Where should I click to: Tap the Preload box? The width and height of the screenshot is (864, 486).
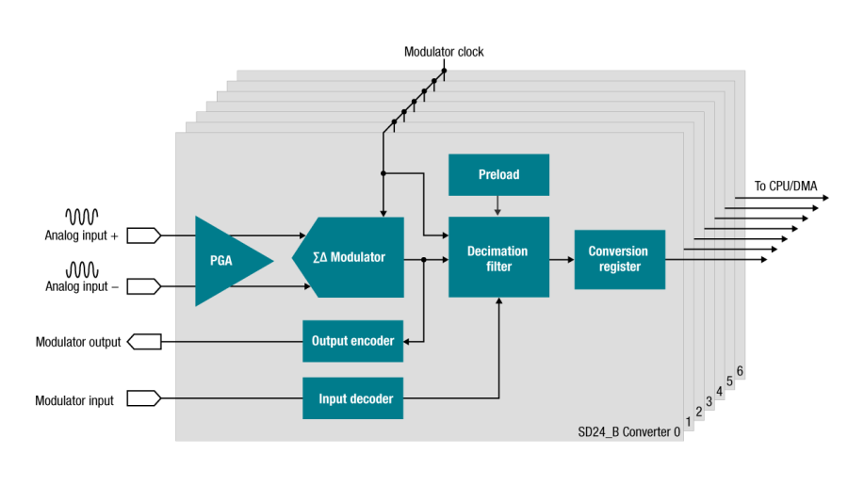pos(498,174)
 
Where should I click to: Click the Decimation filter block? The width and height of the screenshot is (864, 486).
pos(498,258)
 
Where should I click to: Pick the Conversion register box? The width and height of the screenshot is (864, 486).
pos(618,259)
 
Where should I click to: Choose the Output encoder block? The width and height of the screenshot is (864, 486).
pos(352,340)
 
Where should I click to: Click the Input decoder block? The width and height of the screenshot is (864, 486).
pos(352,398)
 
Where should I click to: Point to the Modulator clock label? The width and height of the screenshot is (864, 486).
pos(444,52)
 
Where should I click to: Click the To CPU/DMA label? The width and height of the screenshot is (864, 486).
pos(786,186)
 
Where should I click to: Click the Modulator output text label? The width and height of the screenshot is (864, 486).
pos(78,342)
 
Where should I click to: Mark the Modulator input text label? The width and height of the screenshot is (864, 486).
pos(74,400)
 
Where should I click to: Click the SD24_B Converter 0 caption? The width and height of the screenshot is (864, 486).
pos(628,431)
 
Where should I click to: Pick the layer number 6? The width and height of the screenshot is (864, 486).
pos(741,371)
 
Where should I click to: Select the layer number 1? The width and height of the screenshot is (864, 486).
pos(689,422)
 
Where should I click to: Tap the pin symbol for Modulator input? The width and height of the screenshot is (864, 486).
pos(144,399)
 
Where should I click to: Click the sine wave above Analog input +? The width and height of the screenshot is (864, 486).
pos(81,215)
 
